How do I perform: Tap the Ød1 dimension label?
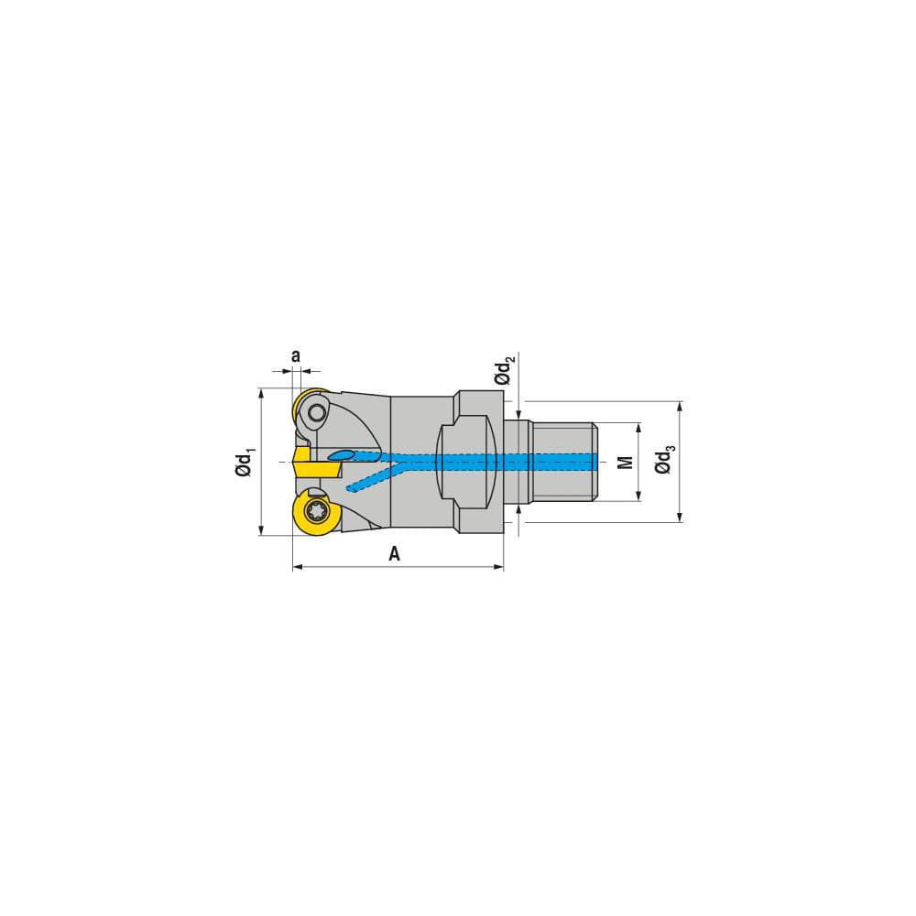245,462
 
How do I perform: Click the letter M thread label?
626,462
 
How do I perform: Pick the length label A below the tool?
394,553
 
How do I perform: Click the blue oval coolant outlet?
341,455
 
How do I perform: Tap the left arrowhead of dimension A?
297,568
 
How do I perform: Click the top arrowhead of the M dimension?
638,428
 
